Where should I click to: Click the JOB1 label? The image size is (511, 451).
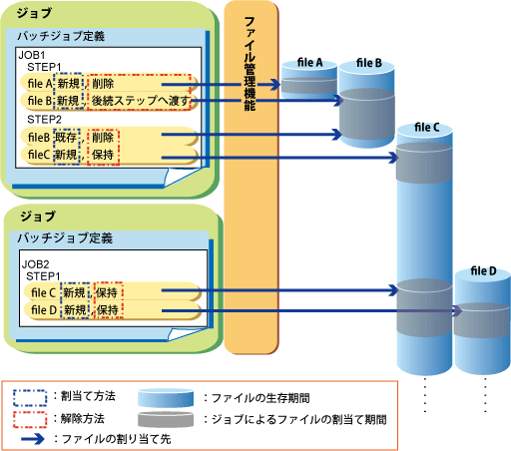coord(32,55)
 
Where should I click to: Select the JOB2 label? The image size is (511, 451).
coord(35,264)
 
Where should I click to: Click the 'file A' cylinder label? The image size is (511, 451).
coord(309,62)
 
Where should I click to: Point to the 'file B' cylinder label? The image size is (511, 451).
coord(369,63)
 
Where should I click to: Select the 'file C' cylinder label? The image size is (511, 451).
coord(427,127)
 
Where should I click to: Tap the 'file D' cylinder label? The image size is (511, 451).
coord(483,271)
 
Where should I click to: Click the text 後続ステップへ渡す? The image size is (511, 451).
coord(141,101)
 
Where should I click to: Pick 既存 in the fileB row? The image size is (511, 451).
coord(66,137)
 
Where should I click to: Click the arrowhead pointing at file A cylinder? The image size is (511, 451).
coord(274,85)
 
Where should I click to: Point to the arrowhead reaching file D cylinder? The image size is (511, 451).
coord(458,311)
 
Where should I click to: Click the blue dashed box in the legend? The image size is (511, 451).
coord(30,398)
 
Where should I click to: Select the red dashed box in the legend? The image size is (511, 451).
coord(30,419)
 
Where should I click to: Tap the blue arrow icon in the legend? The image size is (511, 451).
coord(32,439)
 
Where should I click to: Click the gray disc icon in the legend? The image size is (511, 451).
coord(166,420)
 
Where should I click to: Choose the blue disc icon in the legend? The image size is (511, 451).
coord(166,398)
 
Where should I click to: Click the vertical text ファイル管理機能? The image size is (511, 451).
coord(250,64)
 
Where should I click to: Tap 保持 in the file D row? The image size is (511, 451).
coord(108,310)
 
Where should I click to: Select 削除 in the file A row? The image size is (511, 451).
coord(103,84)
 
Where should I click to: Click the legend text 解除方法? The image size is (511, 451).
coord(83,418)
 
